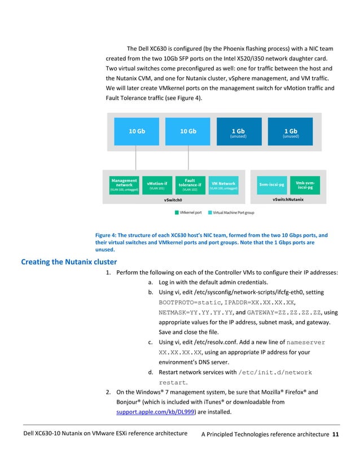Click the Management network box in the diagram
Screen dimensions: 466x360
click(x=124, y=185)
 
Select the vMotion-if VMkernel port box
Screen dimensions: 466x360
click(x=157, y=185)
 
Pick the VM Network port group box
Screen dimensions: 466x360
click(x=223, y=185)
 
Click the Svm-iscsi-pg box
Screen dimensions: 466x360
click(x=272, y=184)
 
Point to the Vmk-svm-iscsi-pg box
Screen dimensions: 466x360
click(x=305, y=184)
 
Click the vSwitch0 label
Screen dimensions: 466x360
click(x=172, y=200)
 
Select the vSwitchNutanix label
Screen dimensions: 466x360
click(x=288, y=200)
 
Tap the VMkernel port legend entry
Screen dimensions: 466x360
click(x=190, y=213)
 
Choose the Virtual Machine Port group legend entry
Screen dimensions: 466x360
click(x=233, y=213)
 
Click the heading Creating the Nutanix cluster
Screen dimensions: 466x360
click(x=68, y=262)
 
